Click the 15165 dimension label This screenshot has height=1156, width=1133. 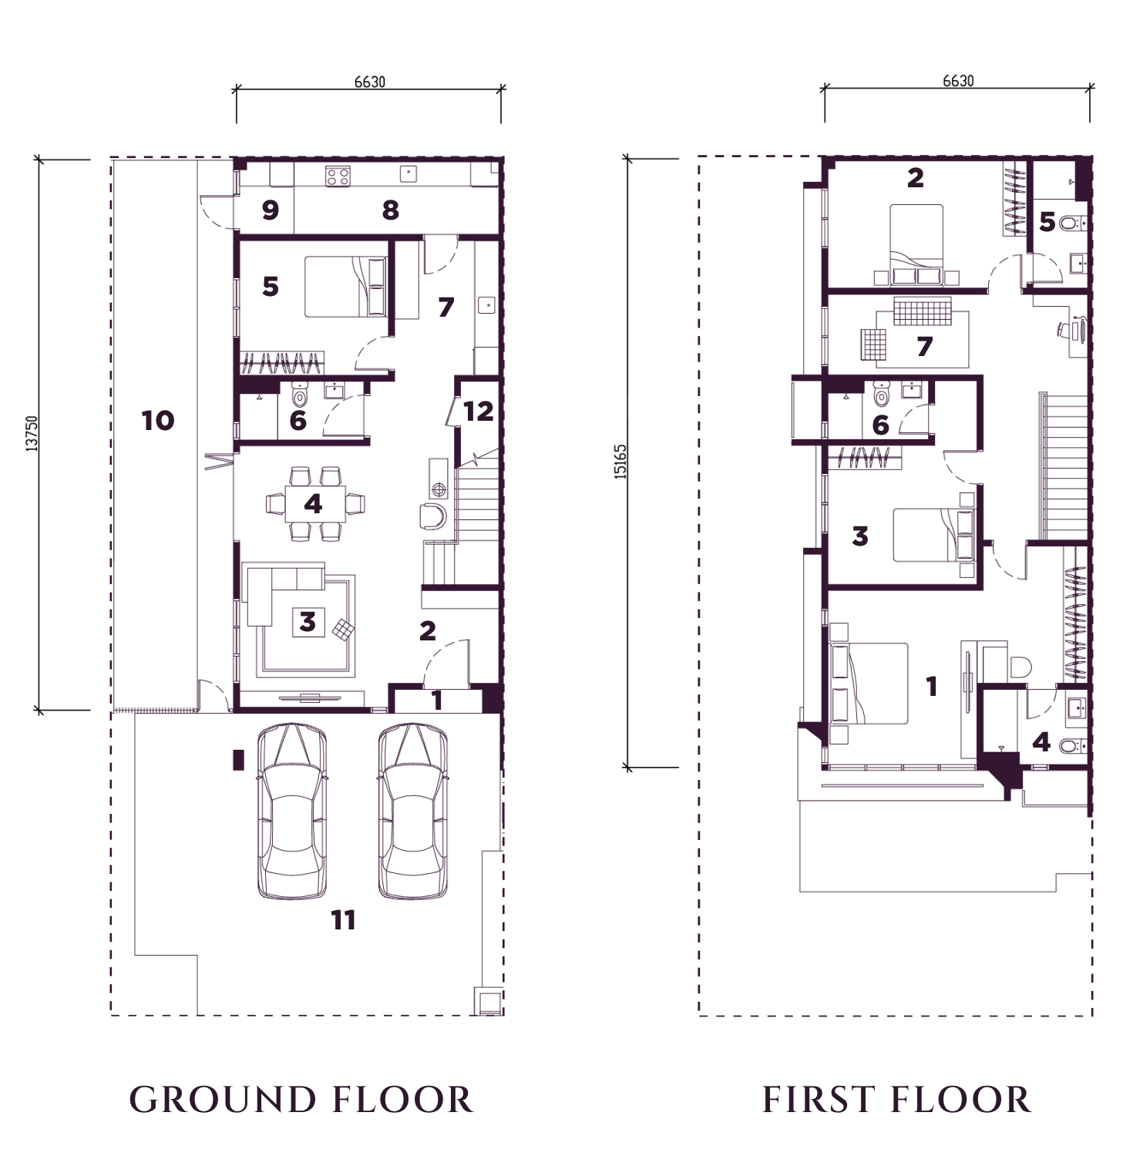click(x=621, y=461)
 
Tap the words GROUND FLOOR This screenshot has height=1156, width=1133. click(x=301, y=1100)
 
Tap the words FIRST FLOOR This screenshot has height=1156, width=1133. click(x=897, y=1100)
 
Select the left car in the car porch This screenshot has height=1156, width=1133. click(x=291, y=812)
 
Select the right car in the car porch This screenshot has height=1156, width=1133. click(x=413, y=812)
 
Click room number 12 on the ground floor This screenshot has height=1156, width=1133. click(x=478, y=411)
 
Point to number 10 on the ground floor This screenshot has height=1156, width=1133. click(x=158, y=421)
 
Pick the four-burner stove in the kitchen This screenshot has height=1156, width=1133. click(x=338, y=177)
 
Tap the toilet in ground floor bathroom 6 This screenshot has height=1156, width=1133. click(x=300, y=395)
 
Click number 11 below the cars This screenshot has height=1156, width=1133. click(x=344, y=919)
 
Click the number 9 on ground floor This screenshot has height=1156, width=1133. click(x=270, y=210)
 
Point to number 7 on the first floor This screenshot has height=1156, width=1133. click(x=925, y=347)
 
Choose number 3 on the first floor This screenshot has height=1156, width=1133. click(x=860, y=535)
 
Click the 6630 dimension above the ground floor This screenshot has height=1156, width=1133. click(x=369, y=82)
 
